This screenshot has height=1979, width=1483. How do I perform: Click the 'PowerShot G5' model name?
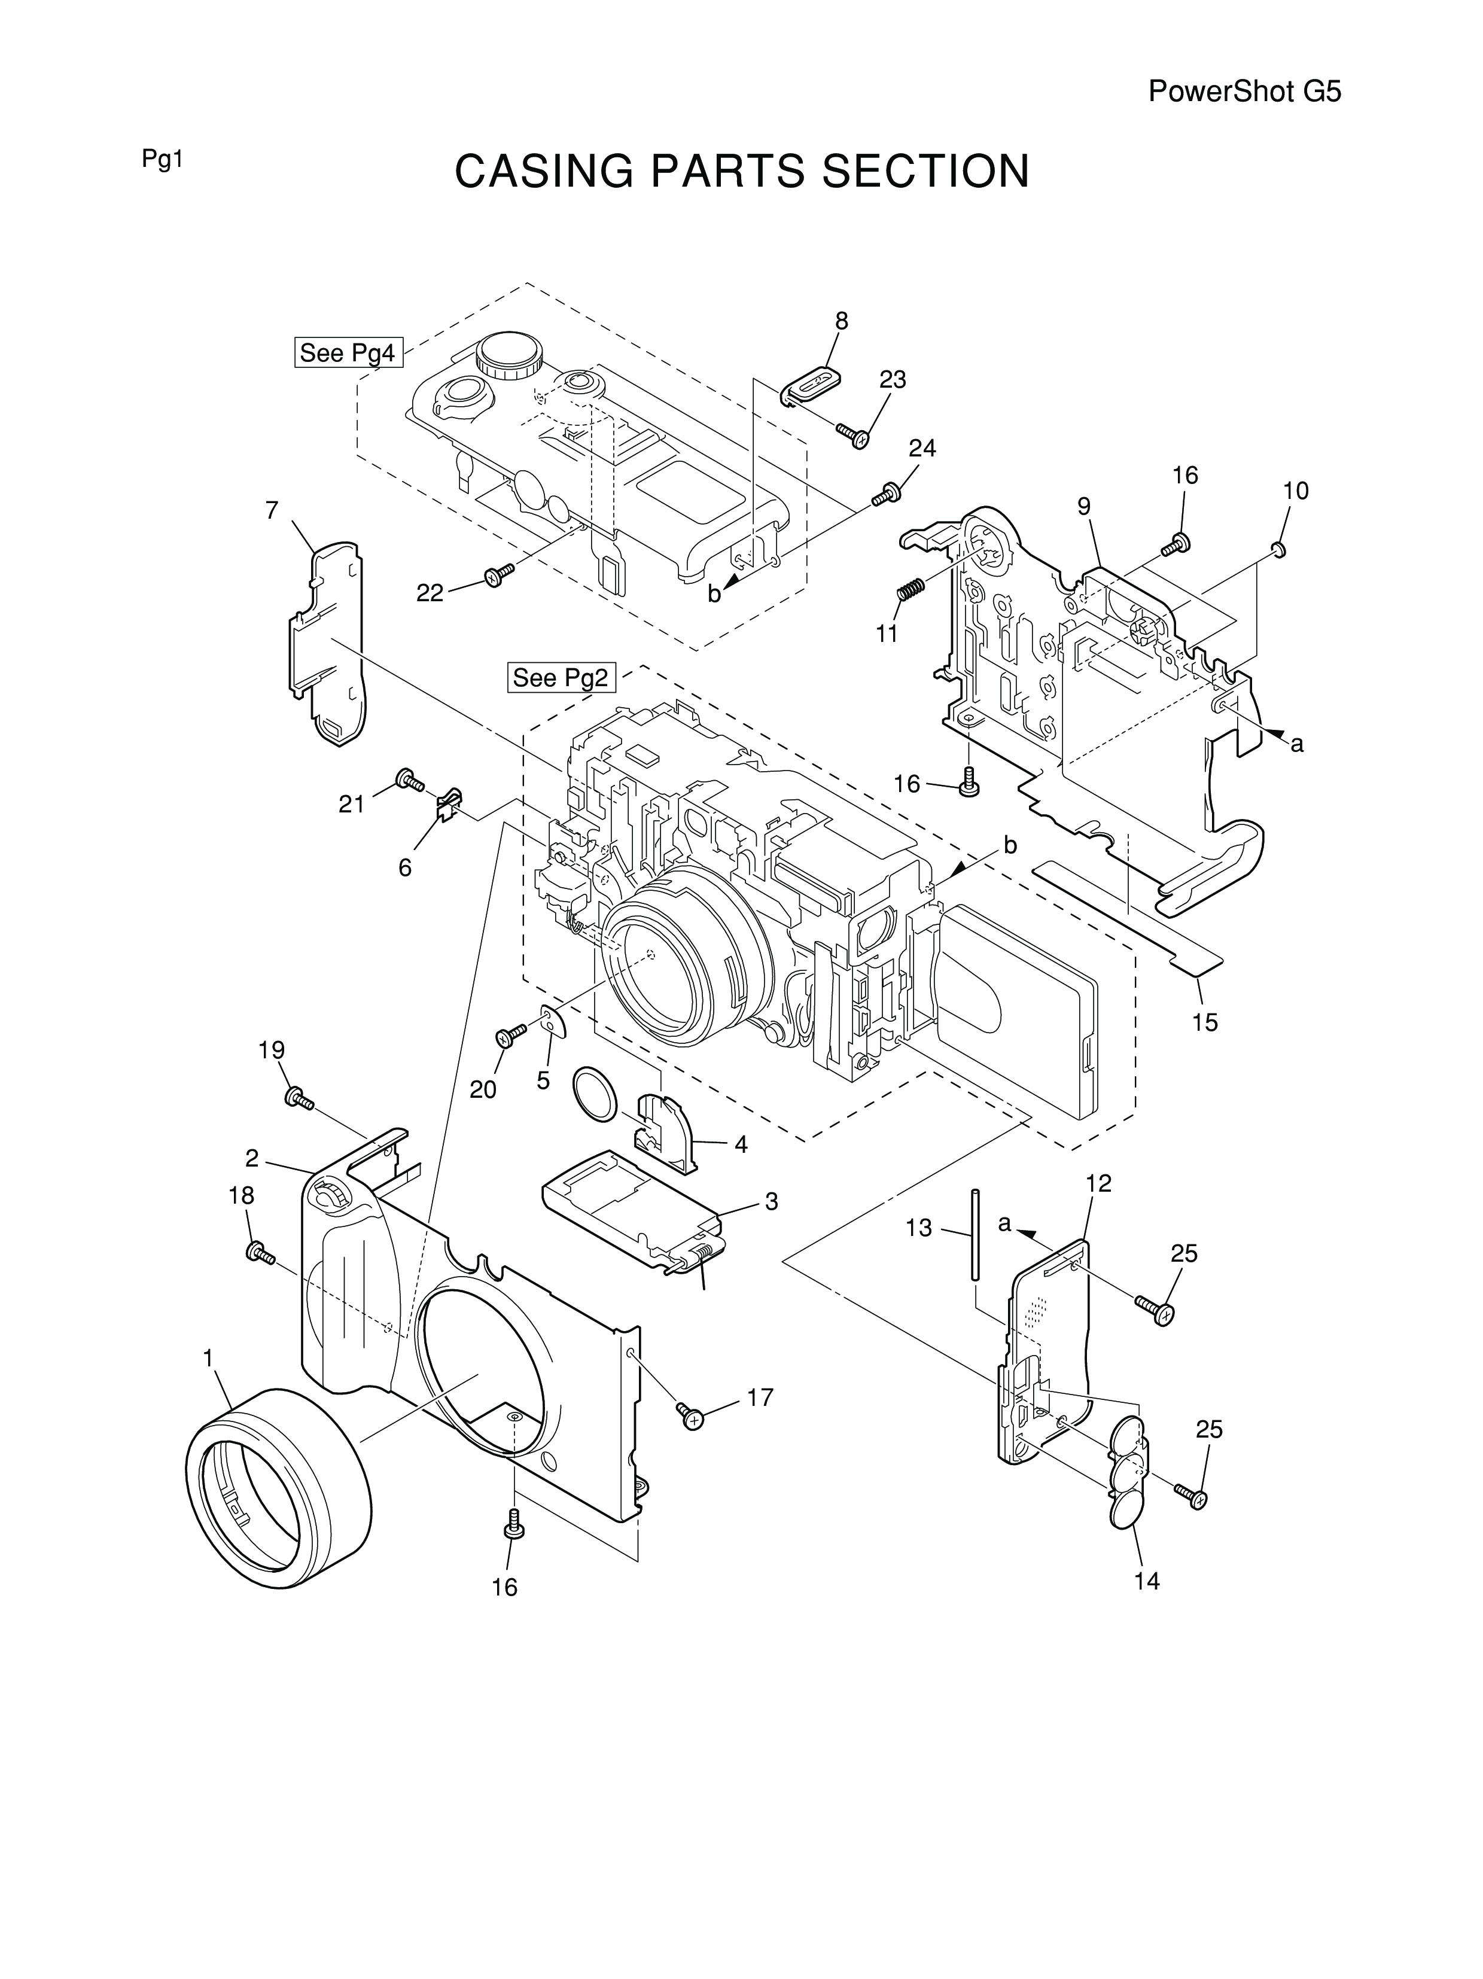pyautogui.click(x=1244, y=92)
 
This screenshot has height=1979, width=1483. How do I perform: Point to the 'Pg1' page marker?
pyautogui.click(x=162, y=160)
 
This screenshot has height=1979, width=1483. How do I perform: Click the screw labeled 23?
pyautogui.click(x=853, y=435)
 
